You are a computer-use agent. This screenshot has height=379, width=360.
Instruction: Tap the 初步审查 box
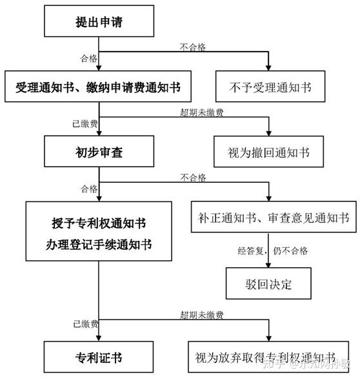(x=99, y=153)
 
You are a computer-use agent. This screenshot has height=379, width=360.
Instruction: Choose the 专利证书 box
(x=99, y=356)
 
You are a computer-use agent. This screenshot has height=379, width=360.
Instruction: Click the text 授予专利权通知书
(x=99, y=223)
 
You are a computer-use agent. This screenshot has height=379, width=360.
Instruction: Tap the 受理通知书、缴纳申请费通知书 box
(x=99, y=87)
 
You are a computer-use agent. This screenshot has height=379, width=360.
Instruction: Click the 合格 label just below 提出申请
(x=89, y=58)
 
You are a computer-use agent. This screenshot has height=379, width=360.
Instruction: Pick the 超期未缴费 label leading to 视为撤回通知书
(x=202, y=112)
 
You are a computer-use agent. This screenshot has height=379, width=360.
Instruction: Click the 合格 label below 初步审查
(x=89, y=189)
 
